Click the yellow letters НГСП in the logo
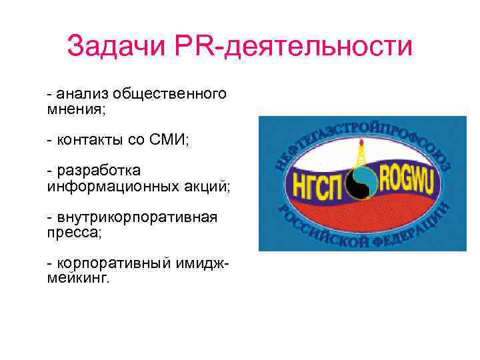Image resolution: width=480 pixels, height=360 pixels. [317, 181]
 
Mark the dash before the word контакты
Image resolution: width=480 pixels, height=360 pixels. [49, 139]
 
